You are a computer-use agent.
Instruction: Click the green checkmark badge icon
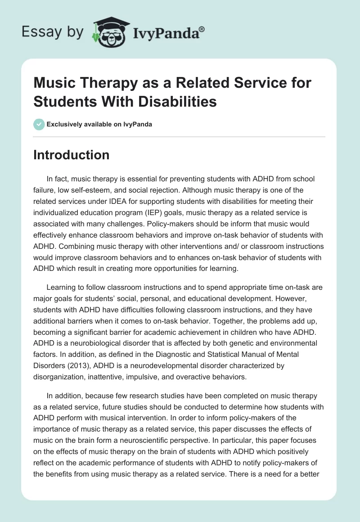pos(39,124)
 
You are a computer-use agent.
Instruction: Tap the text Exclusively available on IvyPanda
pos(99,125)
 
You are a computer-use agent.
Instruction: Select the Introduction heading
pos(72,155)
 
